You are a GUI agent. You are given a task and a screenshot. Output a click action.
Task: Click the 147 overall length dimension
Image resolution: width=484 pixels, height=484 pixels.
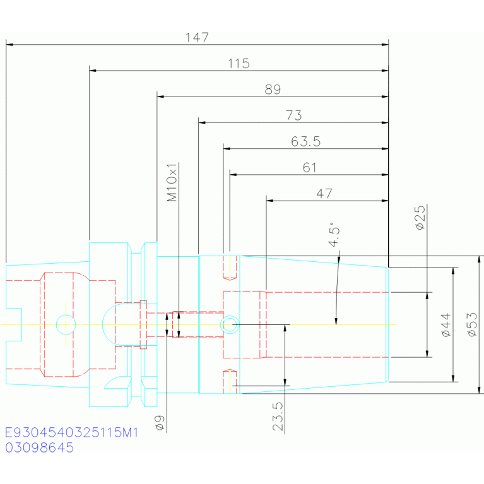tap(197, 38)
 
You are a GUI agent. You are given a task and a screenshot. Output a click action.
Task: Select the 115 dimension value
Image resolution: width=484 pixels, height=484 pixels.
tap(239, 64)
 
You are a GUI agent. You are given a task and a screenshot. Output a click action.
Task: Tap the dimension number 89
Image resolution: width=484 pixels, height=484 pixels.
tap(273, 90)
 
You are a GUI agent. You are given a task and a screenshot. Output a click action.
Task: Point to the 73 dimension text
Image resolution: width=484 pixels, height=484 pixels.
tap(293, 115)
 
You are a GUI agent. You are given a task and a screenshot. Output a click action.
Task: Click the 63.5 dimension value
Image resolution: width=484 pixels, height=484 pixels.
tap(306, 142)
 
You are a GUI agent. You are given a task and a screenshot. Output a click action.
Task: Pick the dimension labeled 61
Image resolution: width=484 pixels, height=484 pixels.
tap(310, 168)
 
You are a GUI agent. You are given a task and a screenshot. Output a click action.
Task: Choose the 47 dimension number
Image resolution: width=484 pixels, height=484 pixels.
tap(324, 194)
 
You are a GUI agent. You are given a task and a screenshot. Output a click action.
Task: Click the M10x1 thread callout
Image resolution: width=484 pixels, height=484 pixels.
tap(172, 182)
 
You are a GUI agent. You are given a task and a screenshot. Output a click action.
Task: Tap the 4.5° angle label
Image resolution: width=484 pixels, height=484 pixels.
tap(334, 234)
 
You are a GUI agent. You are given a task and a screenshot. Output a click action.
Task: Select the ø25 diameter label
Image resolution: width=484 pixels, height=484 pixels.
tap(420, 218)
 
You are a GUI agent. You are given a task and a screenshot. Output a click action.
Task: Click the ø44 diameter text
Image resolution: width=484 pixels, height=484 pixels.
tap(446, 325)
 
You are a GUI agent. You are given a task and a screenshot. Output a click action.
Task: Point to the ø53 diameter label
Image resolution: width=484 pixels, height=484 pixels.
tap(472, 325)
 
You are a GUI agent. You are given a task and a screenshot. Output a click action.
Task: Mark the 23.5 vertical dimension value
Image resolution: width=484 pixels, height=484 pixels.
tap(278, 416)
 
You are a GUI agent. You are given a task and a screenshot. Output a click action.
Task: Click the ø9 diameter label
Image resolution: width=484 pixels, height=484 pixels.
tap(160, 423)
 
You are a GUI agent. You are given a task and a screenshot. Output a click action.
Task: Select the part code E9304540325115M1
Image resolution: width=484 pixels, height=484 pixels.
tap(71, 432)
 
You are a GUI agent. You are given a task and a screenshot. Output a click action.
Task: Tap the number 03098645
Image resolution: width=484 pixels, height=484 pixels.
tap(40, 447)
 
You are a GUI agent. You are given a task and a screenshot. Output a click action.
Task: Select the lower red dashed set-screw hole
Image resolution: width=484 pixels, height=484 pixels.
tap(230, 382)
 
